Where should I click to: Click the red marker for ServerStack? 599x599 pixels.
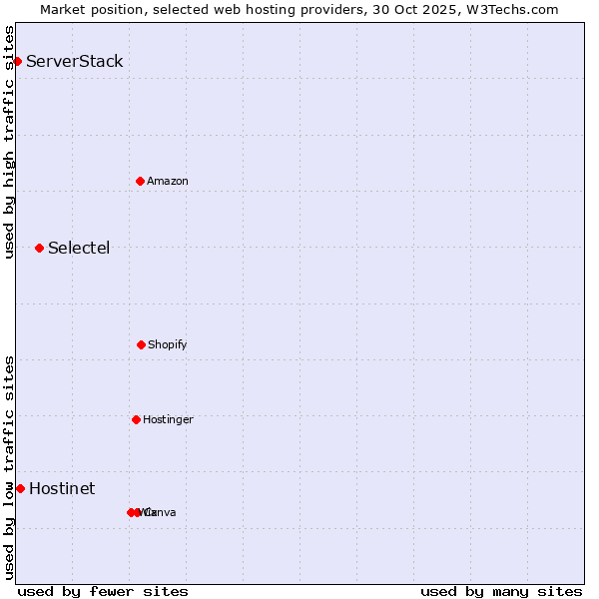point(17,62)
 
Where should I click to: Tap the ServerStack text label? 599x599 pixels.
point(75,62)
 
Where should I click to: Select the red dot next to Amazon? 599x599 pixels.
point(140,181)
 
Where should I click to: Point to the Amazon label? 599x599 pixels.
point(168,181)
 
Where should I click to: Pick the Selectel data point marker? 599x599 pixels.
point(39,248)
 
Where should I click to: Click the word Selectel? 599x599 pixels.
point(79,249)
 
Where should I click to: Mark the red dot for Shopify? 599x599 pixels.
point(141,344)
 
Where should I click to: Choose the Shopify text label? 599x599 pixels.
point(168,344)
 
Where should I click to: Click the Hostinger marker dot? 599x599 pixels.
point(136,419)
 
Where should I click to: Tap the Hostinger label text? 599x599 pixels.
point(168,419)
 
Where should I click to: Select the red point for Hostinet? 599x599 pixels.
point(20,488)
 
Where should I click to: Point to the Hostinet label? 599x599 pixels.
point(62,489)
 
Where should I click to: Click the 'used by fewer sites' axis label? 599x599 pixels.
point(103,592)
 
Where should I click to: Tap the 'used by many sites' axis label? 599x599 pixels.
point(501,592)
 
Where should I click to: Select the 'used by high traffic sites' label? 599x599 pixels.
point(9,142)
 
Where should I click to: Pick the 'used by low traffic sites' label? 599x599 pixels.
point(9,467)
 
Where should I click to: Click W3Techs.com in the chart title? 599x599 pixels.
point(516,9)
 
